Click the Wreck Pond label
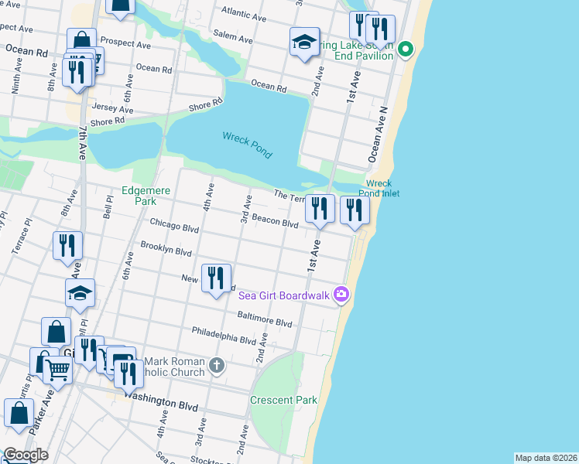point(247,145)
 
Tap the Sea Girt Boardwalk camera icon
point(341,295)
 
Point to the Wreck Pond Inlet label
point(379,189)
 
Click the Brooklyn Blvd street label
point(166,251)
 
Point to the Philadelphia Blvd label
point(225,338)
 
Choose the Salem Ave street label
point(234,39)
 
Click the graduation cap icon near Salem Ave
point(305,42)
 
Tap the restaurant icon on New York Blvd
point(216,278)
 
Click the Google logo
point(25,455)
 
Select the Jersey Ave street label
point(112,110)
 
